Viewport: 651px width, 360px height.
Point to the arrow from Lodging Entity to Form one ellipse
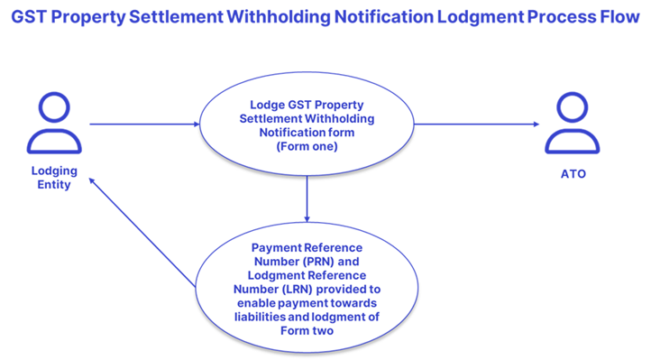(x=143, y=125)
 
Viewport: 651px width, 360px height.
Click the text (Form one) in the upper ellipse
(x=307, y=147)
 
